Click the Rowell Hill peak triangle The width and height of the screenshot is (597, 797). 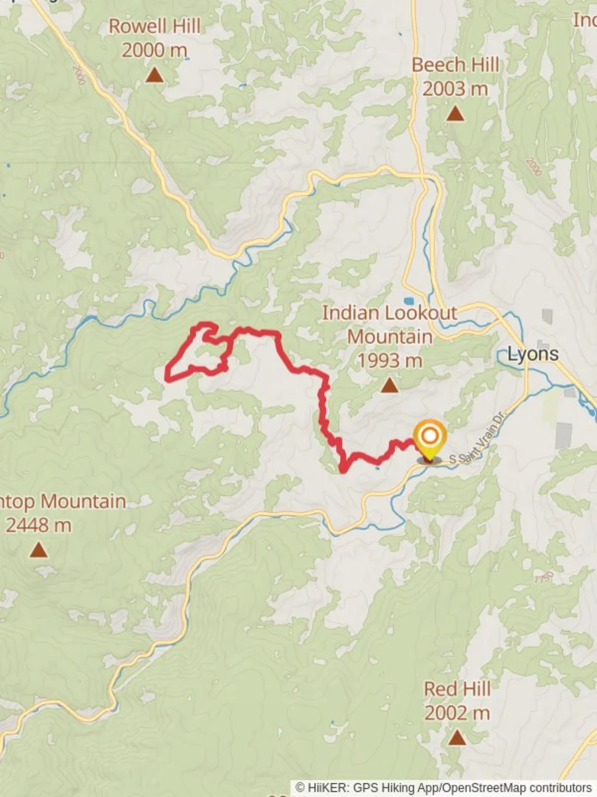tap(154, 75)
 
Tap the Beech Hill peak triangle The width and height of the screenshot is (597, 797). tap(455, 114)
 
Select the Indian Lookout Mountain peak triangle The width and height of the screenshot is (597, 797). tap(389, 385)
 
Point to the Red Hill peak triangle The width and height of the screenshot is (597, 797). tap(457, 737)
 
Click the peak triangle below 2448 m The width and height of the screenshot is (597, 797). tap(38, 550)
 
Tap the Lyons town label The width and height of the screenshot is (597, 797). tap(533, 353)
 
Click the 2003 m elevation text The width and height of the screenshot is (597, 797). tap(455, 89)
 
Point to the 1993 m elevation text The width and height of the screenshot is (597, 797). tap(389, 361)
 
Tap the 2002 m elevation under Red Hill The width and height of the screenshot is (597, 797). tap(457, 713)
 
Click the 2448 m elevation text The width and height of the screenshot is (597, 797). tap(38, 525)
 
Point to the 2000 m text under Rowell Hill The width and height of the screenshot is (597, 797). tap(154, 51)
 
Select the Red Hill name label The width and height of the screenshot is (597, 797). tap(457, 689)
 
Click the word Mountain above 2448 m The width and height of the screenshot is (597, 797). tap(84, 502)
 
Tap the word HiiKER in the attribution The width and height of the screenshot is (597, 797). tap(328, 788)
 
